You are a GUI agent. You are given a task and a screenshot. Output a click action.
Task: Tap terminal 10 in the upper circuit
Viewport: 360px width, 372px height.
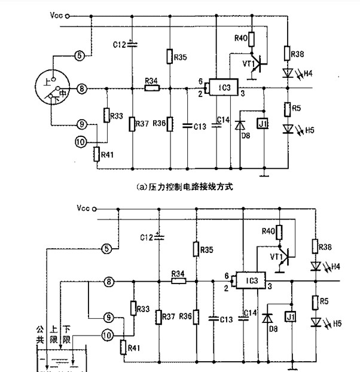(x=81, y=142)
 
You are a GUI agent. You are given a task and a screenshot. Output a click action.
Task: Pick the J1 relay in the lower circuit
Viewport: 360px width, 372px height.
(x=291, y=316)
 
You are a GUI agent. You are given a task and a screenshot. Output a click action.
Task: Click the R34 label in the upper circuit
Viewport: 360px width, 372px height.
(x=151, y=81)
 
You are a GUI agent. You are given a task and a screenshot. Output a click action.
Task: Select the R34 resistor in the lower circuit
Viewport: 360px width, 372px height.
(x=178, y=281)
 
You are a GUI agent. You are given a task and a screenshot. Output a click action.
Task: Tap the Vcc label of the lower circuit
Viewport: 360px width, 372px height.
(x=84, y=208)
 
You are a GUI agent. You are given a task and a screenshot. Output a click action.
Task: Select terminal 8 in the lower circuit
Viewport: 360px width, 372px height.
(x=108, y=281)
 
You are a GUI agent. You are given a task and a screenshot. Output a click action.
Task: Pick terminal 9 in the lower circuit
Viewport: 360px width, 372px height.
(x=108, y=318)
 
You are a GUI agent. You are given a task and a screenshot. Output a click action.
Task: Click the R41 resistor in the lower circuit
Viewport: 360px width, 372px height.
(x=123, y=347)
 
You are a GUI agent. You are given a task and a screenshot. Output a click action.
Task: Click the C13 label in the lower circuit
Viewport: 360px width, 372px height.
(x=225, y=320)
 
